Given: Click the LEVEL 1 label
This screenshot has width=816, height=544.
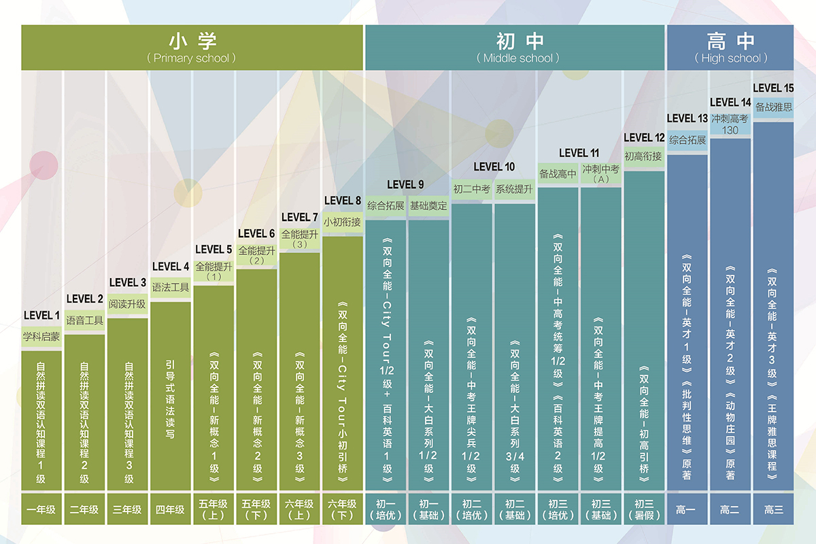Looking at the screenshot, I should (x=42, y=316).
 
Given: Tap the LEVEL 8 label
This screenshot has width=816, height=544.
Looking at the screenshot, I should (x=343, y=201).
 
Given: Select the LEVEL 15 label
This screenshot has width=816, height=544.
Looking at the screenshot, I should (x=773, y=88).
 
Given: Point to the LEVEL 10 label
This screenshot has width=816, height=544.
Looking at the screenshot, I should (x=494, y=167).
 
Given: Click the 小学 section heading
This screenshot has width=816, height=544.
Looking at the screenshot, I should (x=192, y=41).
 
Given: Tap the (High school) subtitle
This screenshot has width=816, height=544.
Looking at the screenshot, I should (x=731, y=58).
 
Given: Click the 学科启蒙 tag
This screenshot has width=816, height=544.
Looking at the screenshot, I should (x=41, y=337).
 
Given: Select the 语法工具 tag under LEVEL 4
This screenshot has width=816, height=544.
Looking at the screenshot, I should (x=171, y=288).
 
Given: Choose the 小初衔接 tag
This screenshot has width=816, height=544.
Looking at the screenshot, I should (x=342, y=222).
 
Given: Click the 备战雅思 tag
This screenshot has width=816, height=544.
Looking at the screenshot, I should (x=774, y=107).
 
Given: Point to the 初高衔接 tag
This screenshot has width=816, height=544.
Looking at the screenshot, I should (x=643, y=157).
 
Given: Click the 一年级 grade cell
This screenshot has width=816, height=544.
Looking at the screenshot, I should (x=41, y=509).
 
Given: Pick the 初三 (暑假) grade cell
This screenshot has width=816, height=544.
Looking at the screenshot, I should (x=643, y=509).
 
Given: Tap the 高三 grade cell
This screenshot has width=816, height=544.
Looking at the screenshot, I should (x=774, y=509).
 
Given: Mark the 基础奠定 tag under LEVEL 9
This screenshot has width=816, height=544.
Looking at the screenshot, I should (x=428, y=205).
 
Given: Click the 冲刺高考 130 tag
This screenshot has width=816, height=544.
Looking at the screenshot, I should (x=730, y=124).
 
